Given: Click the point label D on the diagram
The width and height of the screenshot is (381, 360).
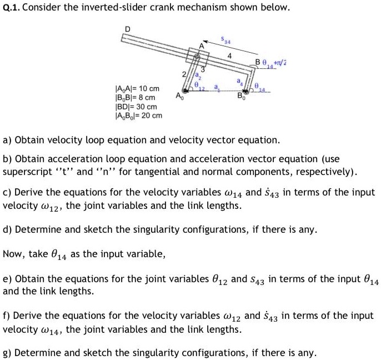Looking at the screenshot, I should (x=127, y=28).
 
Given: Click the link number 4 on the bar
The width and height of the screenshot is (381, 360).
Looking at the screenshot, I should (x=229, y=56).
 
